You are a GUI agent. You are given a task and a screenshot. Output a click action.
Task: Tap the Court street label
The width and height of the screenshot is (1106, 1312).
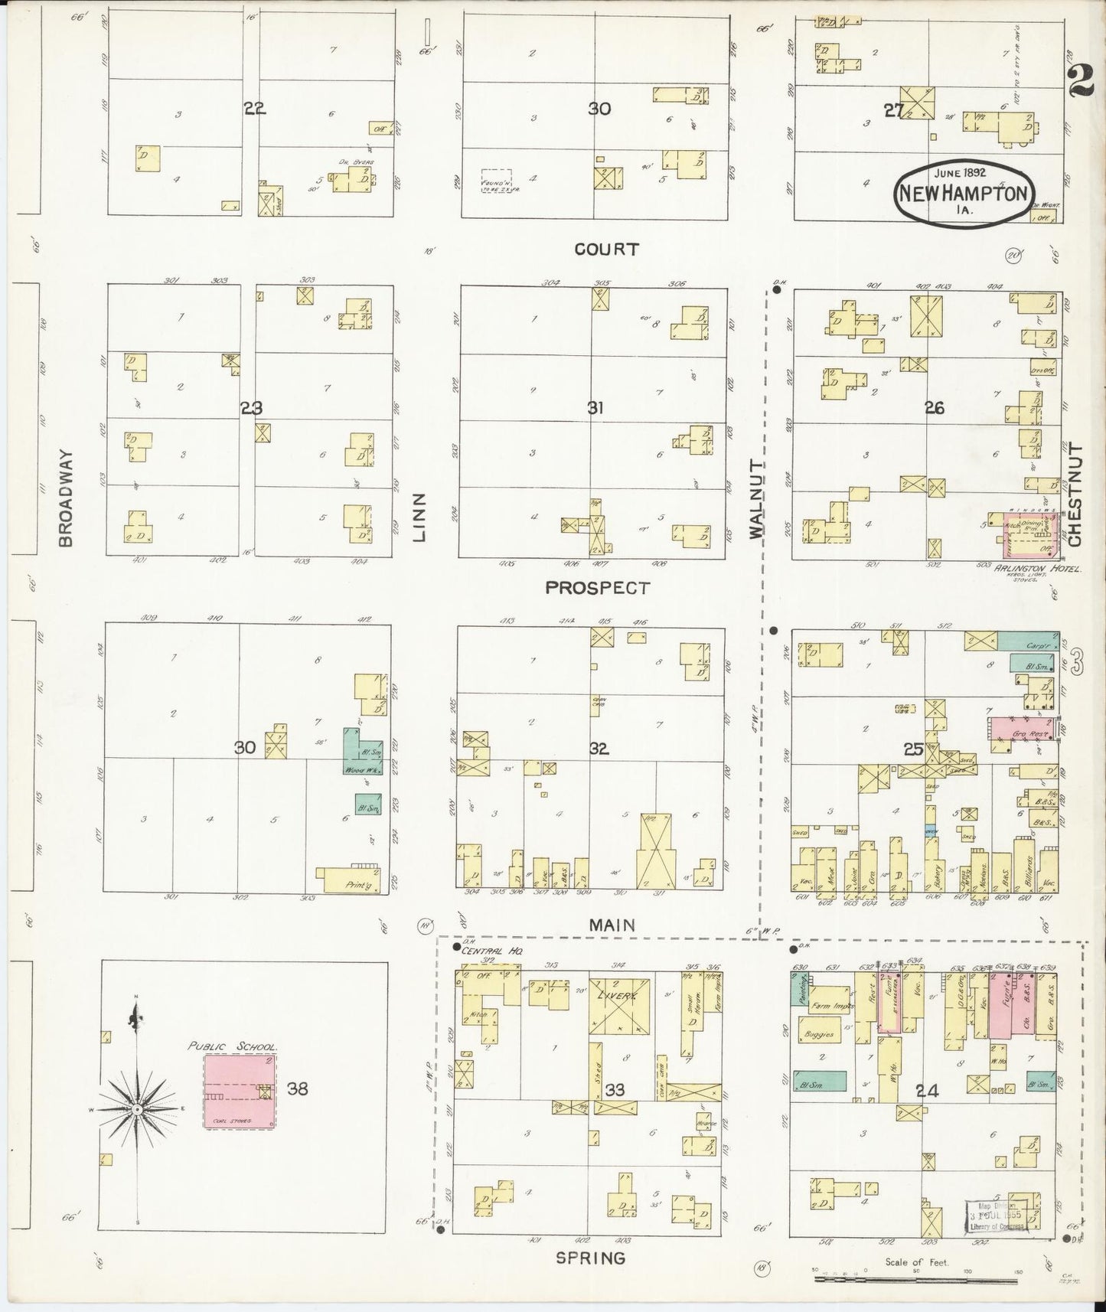tap(606, 250)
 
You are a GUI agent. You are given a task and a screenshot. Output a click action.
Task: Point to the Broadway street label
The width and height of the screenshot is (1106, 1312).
tap(67, 498)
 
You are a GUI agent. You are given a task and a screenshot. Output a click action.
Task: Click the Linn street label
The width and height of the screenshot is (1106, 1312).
tap(419, 517)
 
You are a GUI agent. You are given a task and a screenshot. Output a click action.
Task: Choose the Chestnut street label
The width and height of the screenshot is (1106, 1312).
tap(1075, 494)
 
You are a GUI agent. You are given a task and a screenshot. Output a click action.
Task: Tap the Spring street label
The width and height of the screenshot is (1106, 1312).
tap(590, 1258)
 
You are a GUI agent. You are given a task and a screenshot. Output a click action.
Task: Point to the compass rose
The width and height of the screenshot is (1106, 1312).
tap(136, 1109)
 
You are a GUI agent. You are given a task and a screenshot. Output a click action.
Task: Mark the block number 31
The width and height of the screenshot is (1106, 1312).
tap(595, 408)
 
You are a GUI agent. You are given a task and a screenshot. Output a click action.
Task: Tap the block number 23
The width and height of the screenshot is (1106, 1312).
tap(252, 408)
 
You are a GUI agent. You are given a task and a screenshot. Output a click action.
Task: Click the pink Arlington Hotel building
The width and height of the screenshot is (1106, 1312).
tap(1031, 536)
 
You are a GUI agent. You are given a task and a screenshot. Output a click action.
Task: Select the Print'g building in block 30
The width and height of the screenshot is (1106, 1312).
tap(351, 879)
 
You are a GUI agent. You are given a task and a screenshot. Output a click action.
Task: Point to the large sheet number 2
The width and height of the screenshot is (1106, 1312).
tap(1081, 81)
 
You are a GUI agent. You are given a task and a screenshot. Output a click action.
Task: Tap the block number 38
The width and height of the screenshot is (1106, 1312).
tap(298, 1087)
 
